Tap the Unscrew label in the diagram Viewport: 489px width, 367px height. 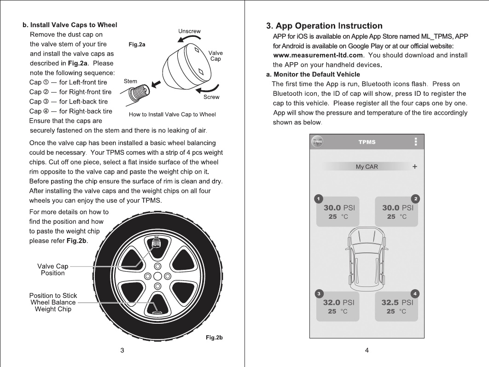click(189, 31)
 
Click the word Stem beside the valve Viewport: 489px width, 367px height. click(130, 81)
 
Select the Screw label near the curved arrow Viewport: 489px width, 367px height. click(211, 97)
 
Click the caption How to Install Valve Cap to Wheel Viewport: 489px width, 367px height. click(172, 114)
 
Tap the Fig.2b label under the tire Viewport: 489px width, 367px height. click(214, 338)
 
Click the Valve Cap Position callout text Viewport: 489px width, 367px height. click(52, 269)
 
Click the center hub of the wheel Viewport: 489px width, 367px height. click(157, 276)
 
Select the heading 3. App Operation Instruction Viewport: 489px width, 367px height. click(324, 26)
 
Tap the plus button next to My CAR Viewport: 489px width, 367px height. click(415, 167)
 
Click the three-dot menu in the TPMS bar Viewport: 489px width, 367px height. click(416, 142)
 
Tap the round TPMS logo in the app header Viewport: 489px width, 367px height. click(317, 142)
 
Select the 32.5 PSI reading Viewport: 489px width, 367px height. click(397, 303)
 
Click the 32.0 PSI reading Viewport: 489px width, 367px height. click(338, 303)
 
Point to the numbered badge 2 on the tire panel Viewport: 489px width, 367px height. click(416, 198)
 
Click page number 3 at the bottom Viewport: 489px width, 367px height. click(122, 351)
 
